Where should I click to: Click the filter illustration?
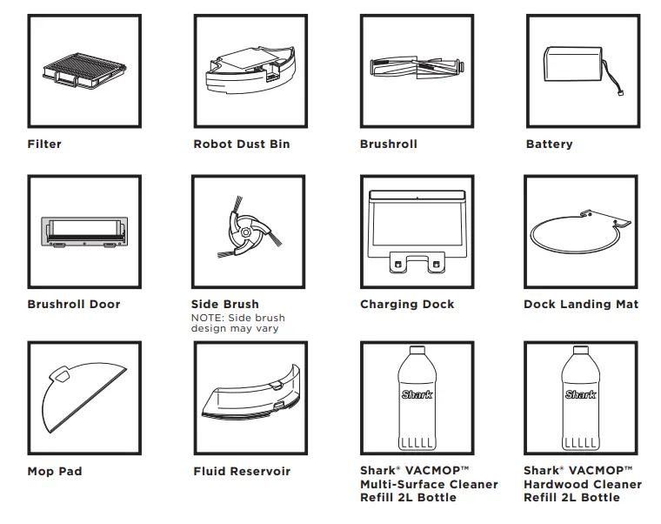pyautogui.click(x=83, y=70)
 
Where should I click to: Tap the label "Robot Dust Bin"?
pyautogui.click(x=241, y=144)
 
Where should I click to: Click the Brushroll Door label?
pyautogui.click(x=74, y=304)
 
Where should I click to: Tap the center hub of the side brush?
pyautogui.click(x=249, y=232)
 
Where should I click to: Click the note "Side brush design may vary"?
pyautogui.click(x=237, y=323)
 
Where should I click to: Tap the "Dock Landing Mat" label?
pyautogui.click(x=581, y=304)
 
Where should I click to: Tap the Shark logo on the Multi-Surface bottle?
pyautogui.click(x=417, y=394)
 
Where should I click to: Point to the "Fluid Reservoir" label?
pyautogui.click(x=242, y=471)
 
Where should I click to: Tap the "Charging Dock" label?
pyautogui.click(x=407, y=304)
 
